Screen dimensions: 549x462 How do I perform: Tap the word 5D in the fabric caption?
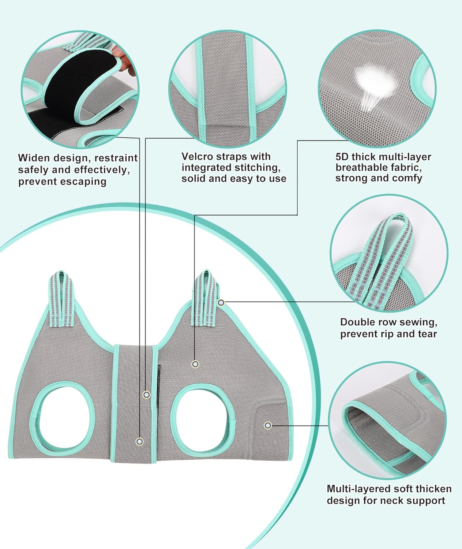(342, 157)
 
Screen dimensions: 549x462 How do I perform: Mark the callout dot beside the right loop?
(221, 303)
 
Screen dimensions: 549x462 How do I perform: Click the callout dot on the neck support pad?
(268, 425)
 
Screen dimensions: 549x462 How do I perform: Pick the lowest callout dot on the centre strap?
(139, 441)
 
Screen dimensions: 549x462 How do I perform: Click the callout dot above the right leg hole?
(195, 364)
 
